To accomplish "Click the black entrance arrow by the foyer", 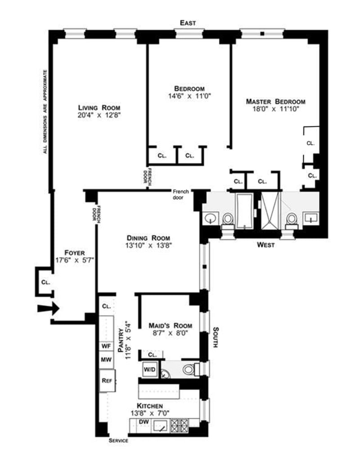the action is [49, 309].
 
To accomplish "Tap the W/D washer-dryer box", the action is [149, 370].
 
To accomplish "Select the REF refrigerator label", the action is [107, 381].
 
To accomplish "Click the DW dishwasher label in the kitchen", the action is [144, 422].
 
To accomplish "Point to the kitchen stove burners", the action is [179, 426].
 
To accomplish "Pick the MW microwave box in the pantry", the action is [106, 359].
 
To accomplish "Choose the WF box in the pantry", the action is [106, 346].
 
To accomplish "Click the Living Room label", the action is [99, 108].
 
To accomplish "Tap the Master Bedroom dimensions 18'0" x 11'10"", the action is [275, 109].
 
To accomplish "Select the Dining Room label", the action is [148, 238].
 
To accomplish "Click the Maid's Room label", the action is [171, 326].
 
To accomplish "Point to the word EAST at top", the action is [188, 23].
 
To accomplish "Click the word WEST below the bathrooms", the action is [266, 245].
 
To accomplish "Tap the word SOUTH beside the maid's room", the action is [216, 337].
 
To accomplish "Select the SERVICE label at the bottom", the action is [118, 440].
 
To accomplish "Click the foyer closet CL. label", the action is [45, 282].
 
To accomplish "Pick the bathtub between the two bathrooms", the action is [244, 211].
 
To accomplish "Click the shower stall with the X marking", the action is [270, 211].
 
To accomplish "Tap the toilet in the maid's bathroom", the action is [190, 370].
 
